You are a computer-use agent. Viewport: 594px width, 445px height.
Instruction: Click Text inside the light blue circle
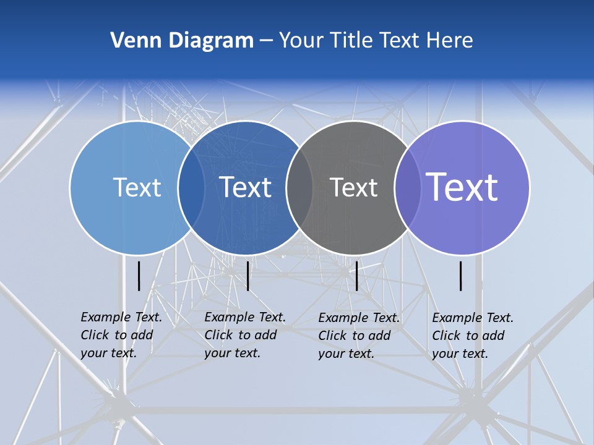[x=137, y=187]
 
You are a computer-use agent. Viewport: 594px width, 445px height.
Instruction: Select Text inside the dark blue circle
[x=246, y=187]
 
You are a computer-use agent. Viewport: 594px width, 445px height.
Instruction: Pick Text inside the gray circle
[x=353, y=187]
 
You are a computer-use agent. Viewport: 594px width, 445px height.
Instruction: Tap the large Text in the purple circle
[x=462, y=187]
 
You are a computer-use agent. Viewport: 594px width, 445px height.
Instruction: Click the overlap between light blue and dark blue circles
[x=191, y=187]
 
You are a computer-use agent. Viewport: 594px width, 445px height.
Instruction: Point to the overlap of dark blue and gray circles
[x=299, y=187]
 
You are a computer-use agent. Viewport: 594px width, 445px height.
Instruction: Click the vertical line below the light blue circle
[x=139, y=276]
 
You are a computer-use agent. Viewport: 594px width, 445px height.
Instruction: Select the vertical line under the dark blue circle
[x=247, y=276]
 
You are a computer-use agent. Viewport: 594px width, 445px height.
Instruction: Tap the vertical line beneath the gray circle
[x=356, y=276]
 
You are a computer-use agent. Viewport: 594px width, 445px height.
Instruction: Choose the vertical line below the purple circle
[x=461, y=276]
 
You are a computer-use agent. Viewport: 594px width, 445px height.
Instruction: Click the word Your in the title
[x=301, y=41]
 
